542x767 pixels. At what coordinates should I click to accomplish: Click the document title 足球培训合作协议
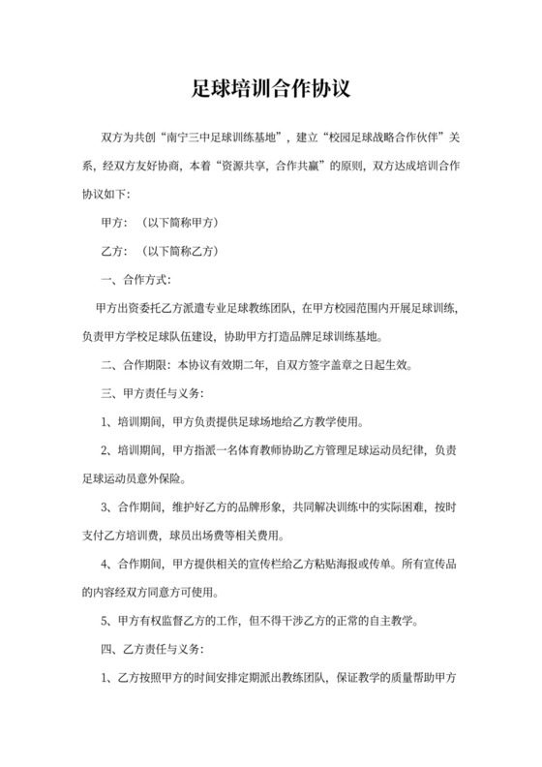(x=271, y=90)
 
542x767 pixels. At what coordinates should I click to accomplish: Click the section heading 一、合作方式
(x=135, y=280)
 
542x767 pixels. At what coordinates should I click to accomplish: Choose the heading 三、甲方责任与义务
(x=153, y=394)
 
